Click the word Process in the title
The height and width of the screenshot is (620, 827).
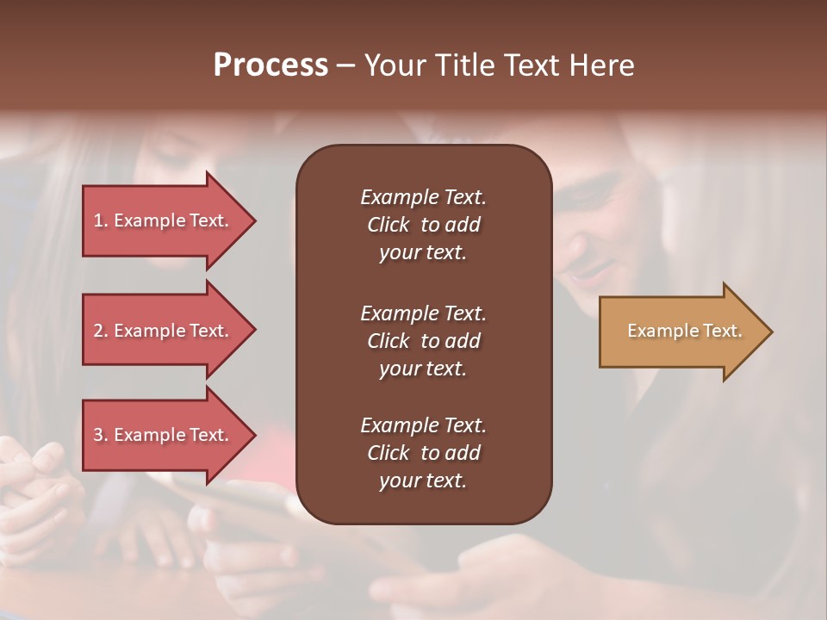coord(270,65)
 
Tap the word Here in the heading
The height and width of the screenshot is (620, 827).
coord(600,65)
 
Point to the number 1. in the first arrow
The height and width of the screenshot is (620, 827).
coord(101,220)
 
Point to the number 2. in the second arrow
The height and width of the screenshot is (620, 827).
coord(101,331)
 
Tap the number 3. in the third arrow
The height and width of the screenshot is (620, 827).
coord(101,435)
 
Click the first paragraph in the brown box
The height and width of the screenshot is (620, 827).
coord(423,225)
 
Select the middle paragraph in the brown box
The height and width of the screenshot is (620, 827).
coord(423,340)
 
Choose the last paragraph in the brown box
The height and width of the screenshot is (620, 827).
coord(423,453)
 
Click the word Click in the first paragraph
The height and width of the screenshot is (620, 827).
coord(388,225)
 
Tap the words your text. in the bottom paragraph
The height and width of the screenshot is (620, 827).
coord(423,481)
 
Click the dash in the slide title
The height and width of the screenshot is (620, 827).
coord(345,66)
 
